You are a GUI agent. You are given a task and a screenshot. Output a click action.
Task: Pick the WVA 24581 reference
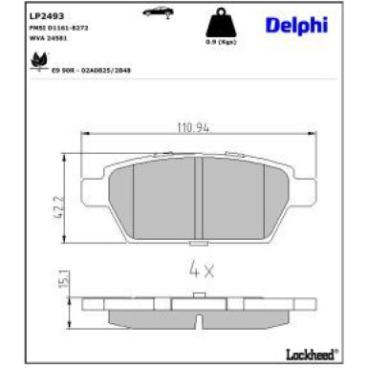tap(46, 41)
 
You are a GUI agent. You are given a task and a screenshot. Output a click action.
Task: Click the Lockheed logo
tap(311, 355)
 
